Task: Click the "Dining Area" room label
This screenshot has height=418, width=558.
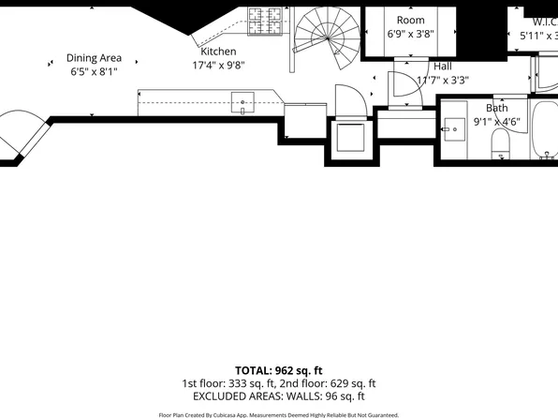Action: tap(93, 57)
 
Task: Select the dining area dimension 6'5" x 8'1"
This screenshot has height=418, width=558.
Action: tap(93, 71)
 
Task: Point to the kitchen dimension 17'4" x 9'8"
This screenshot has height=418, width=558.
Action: tap(218, 66)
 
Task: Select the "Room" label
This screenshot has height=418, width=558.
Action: tap(410, 20)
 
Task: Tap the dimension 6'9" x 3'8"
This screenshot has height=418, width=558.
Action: tap(410, 34)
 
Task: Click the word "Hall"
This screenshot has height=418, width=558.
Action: tap(443, 67)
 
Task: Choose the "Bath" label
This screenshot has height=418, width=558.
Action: tap(495, 108)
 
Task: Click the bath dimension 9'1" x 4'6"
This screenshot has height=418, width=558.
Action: tap(495, 122)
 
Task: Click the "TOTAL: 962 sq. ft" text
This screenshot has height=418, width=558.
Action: tap(278, 370)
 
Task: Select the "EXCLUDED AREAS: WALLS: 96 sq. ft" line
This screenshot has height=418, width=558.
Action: tap(278, 396)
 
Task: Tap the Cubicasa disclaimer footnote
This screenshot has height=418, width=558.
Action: tap(278, 414)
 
